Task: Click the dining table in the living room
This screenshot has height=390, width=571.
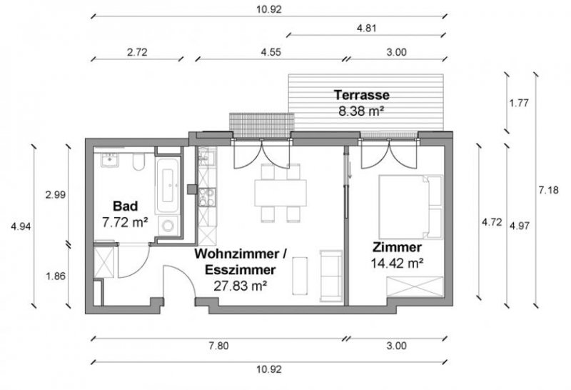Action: [x=281, y=191]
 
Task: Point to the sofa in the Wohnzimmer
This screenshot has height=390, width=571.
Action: [x=330, y=275]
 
